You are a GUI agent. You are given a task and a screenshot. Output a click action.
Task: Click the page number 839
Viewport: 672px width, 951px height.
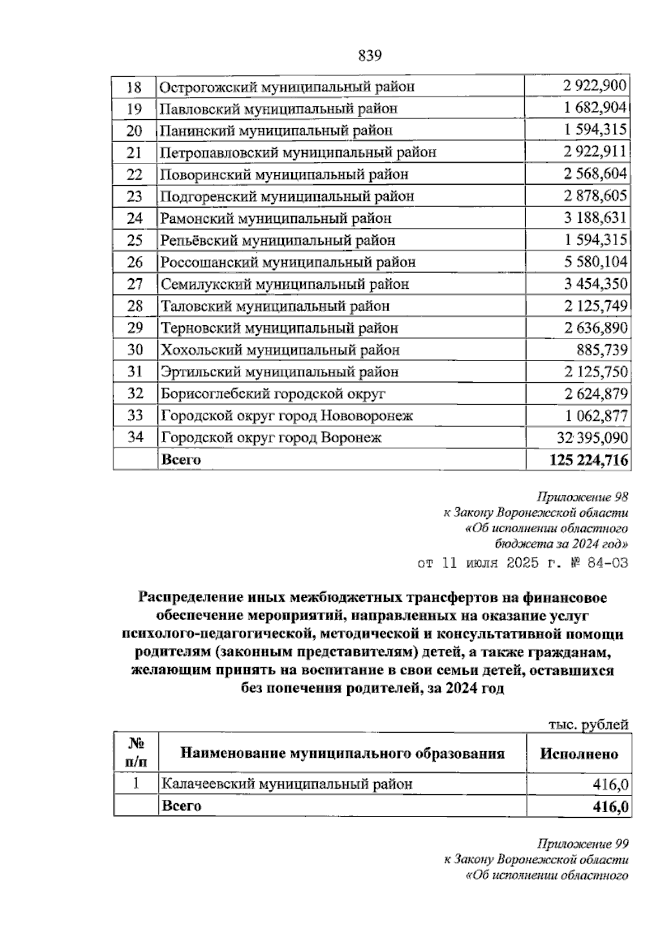click(x=369, y=55)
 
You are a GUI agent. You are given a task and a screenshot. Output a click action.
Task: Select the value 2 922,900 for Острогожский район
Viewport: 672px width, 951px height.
click(x=595, y=87)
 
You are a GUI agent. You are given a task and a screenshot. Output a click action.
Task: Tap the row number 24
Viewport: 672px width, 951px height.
click(x=135, y=218)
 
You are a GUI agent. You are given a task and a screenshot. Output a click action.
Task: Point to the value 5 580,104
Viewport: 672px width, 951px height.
click(x=595, y=262)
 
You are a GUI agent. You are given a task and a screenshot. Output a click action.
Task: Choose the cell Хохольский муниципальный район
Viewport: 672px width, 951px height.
click(x=280, y=350)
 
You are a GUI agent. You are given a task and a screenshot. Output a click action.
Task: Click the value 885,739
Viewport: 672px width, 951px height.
click(x=602, y=350)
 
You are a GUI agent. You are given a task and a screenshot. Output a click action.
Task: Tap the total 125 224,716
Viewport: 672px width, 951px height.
click(x=589, y=460)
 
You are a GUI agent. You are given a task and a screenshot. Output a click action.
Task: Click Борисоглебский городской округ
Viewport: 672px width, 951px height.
click(x=273, y=393)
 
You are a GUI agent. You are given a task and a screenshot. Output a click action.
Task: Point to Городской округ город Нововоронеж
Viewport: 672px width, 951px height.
click(x=287, y=416)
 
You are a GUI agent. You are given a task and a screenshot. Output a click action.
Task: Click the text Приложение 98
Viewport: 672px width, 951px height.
click(x=582, y=497)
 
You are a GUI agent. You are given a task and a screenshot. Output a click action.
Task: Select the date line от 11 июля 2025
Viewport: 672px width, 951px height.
click(x=523, y=563)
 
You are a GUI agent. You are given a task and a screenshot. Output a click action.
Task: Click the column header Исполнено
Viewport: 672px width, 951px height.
click(x=578, y=754)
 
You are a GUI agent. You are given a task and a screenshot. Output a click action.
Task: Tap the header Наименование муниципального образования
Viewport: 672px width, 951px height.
click(x=342, y=753)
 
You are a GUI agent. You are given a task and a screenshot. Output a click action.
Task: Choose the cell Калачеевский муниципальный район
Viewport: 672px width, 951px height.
click(x=286, y=784)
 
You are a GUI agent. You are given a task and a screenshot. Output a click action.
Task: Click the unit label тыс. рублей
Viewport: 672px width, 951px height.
click(x=588, y=724)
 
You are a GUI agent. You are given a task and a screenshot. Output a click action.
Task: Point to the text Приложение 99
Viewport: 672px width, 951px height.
click(x=582, y=844)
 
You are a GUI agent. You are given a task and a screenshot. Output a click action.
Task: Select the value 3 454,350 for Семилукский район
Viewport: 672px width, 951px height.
click(x=595, y=284)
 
